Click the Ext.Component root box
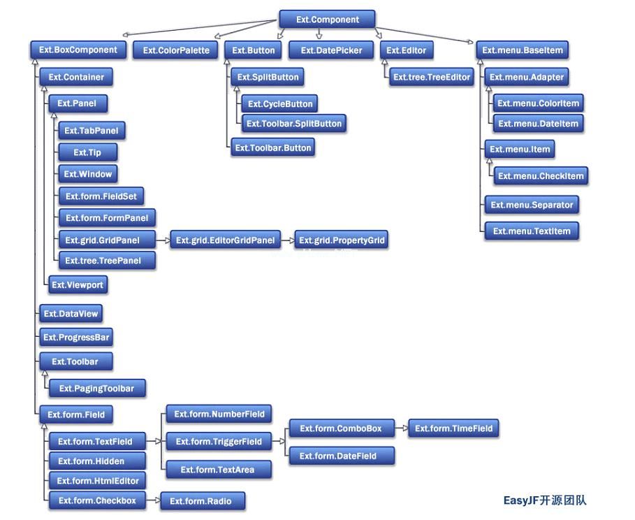pos(327,19)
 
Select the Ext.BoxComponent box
pos(78,50)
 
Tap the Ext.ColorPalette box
pos(176,50)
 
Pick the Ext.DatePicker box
pos(331,50)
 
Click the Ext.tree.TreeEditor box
pos(431,77)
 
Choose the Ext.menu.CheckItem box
pos(541,176)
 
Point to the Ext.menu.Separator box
pos(532,205)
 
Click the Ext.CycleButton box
pos(280,103)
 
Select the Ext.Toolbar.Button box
pos(272,147)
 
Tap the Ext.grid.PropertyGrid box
pos(342,240)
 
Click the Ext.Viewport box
pos(78,284)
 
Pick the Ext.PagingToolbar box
pos(97,389)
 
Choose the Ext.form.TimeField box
pos(453,428)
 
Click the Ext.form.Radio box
pos(203,501)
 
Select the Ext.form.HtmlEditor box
pos(97,481)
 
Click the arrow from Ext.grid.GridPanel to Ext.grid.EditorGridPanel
pos(163,240)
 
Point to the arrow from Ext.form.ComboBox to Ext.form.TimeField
pos(402,428)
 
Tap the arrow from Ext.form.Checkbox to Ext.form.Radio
pos(153,500)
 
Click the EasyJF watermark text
pos(545,500)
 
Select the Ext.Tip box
pos(87,152)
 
